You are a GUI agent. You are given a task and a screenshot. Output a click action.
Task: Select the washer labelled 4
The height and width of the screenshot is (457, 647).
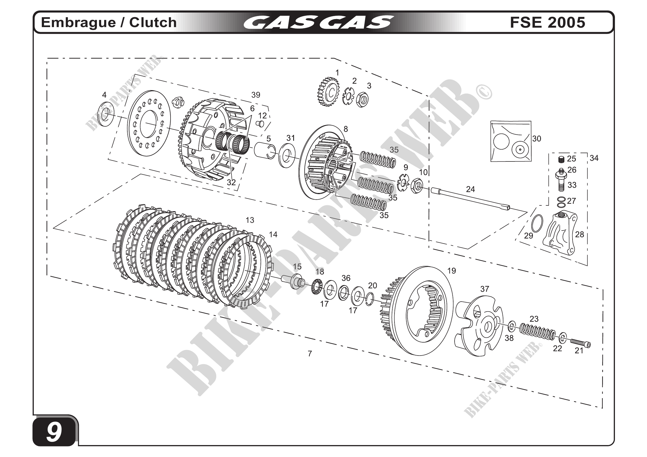[105, 114]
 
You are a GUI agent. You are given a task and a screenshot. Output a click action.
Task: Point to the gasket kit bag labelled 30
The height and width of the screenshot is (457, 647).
[511, 141]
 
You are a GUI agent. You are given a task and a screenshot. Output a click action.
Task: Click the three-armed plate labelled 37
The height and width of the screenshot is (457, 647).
[479, 326]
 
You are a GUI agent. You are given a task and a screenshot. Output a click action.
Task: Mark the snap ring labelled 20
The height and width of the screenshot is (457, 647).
[370, 299]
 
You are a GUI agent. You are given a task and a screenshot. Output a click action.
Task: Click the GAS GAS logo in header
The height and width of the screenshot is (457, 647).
[318, 22]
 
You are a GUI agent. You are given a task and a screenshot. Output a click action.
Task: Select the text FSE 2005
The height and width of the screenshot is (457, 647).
[547, 22]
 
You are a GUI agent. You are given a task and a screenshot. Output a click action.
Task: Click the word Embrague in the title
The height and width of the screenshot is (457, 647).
[78, 22]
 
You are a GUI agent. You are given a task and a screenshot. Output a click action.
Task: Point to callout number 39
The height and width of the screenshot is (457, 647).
[256, 95]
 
